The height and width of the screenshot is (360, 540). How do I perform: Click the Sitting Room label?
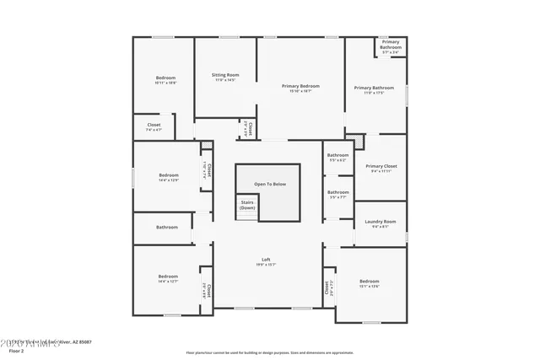coord(225,75)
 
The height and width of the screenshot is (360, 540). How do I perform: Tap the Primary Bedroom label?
coord(301,86)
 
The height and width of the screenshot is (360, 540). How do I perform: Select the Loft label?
coord(266,259)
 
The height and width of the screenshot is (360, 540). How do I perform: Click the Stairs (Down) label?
coord(247,205)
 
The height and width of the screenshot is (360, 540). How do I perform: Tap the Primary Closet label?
coord(381,166)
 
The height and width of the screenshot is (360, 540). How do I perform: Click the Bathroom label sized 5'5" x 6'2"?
coord(338,155)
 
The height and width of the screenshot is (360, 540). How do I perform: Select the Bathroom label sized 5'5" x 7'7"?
coord(338,192)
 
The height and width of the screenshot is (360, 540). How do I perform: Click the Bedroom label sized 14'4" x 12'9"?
coord(168,175)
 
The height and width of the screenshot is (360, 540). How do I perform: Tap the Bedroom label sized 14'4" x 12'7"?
coord(168,277)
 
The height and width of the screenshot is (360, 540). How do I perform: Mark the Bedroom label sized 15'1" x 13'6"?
coord(370,282)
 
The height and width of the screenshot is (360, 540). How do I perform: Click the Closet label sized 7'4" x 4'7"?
coord(154,126)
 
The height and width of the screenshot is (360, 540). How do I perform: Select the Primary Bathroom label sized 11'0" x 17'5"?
coord(374,88)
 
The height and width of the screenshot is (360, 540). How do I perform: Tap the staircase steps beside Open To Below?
coord(246,214)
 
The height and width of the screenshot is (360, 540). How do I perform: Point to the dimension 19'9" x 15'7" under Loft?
coord(266,265)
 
